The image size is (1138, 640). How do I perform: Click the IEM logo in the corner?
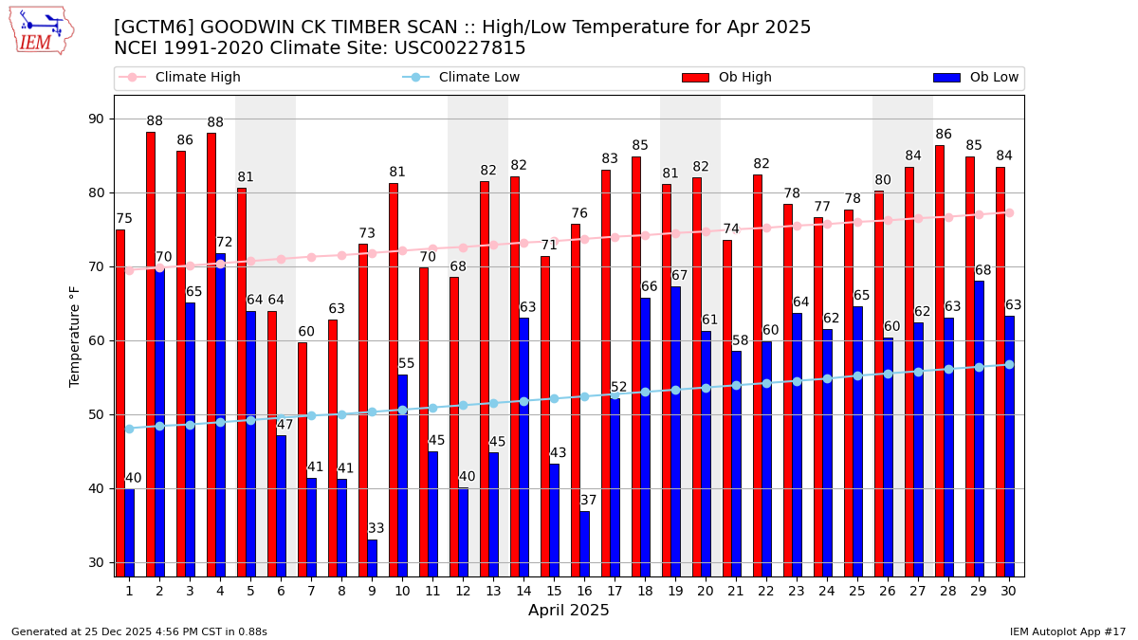tap(41, 30)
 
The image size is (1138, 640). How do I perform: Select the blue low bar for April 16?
tap(584, 543)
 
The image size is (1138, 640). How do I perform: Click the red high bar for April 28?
tap(940, 360)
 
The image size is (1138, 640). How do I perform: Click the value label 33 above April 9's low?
tap(376, 529)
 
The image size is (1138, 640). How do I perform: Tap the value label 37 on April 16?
tap(589, 501)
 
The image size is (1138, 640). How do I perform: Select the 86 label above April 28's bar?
tap(944, 135)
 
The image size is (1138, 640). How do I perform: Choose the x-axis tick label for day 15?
tap(554, 592)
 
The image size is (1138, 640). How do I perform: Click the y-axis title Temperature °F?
tap(76, 336)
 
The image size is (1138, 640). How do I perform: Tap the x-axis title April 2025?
tap(569, 612)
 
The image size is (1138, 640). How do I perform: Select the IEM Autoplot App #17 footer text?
tap(1067, 631)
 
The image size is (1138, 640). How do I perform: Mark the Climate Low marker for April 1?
tap(129, 429)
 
